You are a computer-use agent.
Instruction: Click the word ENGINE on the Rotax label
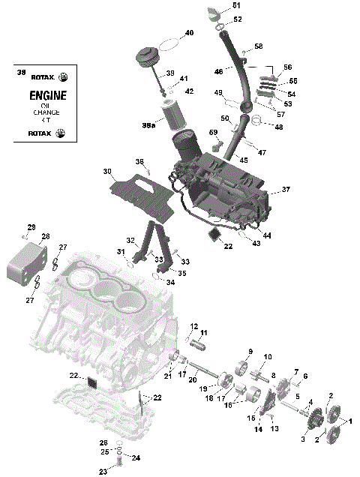(47, 96)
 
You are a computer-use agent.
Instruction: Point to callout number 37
(286, 190)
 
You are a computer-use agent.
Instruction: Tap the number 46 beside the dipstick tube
(219, 72)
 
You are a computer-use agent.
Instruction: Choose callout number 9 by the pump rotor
(250, 351)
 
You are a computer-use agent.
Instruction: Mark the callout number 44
(267, 235)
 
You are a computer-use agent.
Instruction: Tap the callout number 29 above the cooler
(31, 227)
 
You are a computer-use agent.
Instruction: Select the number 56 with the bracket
(287, 67)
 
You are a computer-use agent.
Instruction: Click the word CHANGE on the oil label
(46, 112)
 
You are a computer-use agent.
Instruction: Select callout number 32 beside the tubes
(130, 241)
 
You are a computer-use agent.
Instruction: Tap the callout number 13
(274, 428)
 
